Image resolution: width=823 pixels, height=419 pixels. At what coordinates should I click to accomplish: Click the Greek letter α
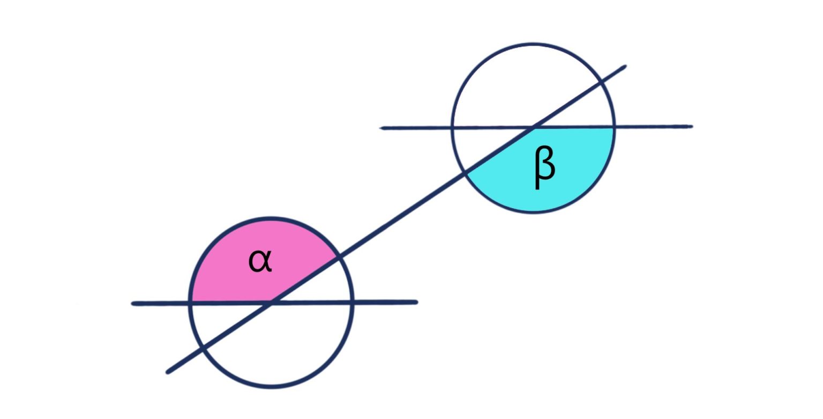coord(260,261)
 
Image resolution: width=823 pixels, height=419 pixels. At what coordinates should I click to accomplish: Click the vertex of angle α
coord(271,303)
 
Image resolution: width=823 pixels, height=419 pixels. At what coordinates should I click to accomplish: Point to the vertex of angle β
coord(534,128)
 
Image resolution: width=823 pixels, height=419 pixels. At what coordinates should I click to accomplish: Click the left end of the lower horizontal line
coord(133,304)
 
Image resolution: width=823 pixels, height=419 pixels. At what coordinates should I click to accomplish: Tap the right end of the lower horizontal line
coord(416,302)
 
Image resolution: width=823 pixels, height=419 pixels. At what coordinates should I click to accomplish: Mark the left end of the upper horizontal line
coord(382,128)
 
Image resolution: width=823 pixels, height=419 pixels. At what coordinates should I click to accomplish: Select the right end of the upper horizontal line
coord(691,127)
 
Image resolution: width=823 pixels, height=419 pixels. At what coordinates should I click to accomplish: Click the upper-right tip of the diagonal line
coord(624,67)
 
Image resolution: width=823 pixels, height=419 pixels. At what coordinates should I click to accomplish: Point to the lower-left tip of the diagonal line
coord(169,371)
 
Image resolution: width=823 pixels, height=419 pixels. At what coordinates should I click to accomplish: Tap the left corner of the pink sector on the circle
coord(191,303)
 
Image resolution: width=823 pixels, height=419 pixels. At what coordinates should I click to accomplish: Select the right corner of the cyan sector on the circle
coord(613,127)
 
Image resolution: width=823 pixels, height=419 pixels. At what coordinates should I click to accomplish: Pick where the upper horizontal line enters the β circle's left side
coord(453,128)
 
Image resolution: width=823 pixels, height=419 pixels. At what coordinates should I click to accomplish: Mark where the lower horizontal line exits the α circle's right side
coord(351,303)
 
